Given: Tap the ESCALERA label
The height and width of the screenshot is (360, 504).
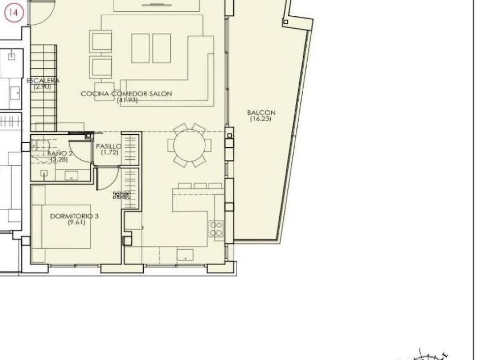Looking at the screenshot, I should point(43,80).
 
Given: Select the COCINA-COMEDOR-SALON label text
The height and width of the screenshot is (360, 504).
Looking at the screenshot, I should point(126,93).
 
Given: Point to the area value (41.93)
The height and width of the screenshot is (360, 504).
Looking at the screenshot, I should point(127,100).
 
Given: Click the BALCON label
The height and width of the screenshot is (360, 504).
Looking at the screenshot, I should point(261,113).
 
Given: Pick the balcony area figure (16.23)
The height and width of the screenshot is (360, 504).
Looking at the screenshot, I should point(260,119).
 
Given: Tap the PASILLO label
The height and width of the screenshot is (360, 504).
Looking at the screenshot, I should point(108,146).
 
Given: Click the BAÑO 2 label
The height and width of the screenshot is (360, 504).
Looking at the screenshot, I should point(61,153).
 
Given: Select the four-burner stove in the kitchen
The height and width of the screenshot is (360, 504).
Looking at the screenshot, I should point(216,229).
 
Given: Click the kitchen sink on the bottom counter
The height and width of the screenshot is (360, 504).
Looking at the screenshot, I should point(185,254).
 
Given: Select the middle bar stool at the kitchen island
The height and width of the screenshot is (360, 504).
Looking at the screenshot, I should point(200,186).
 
